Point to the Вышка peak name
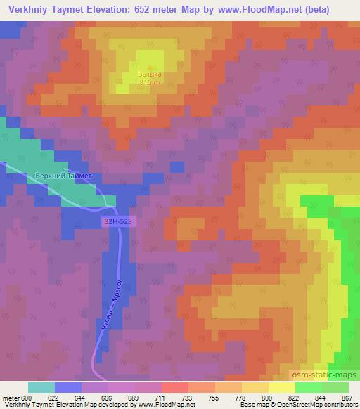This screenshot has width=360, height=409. pos(148,74)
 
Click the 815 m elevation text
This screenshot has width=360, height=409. pos(148,82)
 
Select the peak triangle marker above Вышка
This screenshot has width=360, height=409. pos(148,66)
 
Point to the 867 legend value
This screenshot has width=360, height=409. pos(347,397)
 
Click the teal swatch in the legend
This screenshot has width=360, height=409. pos(41,387)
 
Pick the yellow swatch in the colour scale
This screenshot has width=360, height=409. pos(281,387)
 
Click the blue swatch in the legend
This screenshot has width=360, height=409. pos(68,387)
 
